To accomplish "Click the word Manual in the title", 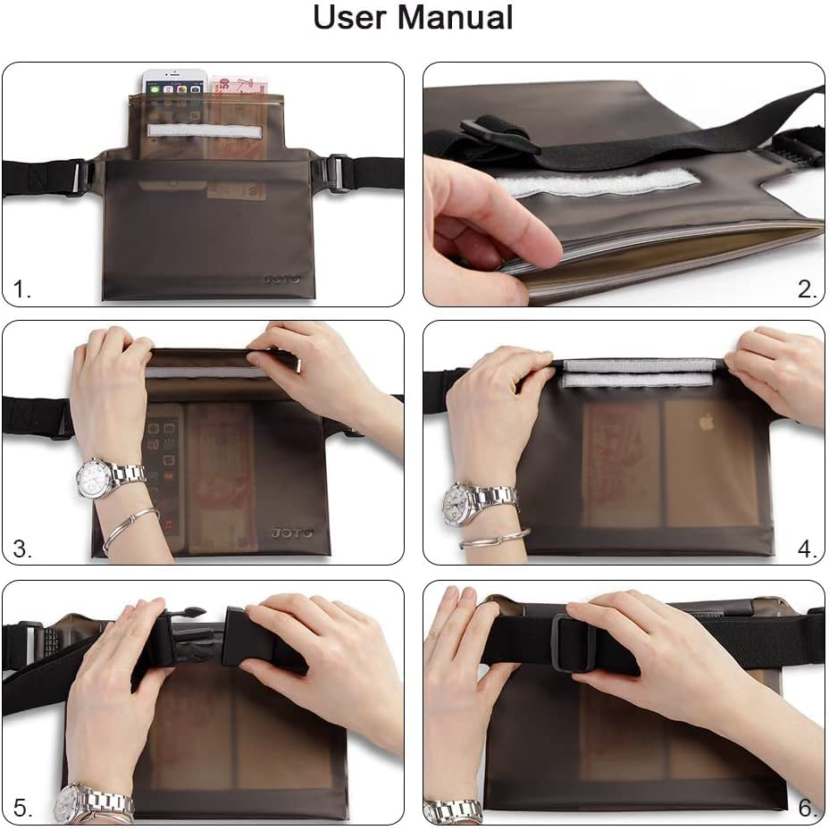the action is tap(455, 18).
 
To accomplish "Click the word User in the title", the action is tap(350, 18).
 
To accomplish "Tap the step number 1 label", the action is tap(21, 289).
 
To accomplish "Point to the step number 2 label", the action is tap(808, 289).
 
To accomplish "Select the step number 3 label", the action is tap(22, 549).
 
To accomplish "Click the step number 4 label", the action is tap(808, 549).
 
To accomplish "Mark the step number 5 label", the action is tap(22, 809).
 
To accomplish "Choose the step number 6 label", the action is tap(808, 809).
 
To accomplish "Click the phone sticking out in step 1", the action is tap(174, 82).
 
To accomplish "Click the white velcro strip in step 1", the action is tap(205, 131).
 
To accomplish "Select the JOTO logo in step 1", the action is tap(282, 279).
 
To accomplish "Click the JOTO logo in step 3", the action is tap(292, 533).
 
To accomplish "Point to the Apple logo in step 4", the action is tap(706, 422).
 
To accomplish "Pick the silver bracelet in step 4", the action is tap(494, 539).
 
